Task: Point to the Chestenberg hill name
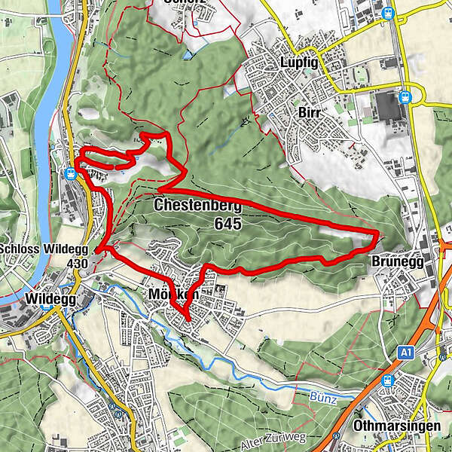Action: coord(197,206)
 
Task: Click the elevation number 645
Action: coord(228,223)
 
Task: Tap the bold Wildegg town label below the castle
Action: coord(47,299)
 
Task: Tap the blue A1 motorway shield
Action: coord(407,352)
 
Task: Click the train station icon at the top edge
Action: coord(389,12)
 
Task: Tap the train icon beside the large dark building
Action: coord(405,96)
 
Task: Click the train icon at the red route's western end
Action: coord(70,173)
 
